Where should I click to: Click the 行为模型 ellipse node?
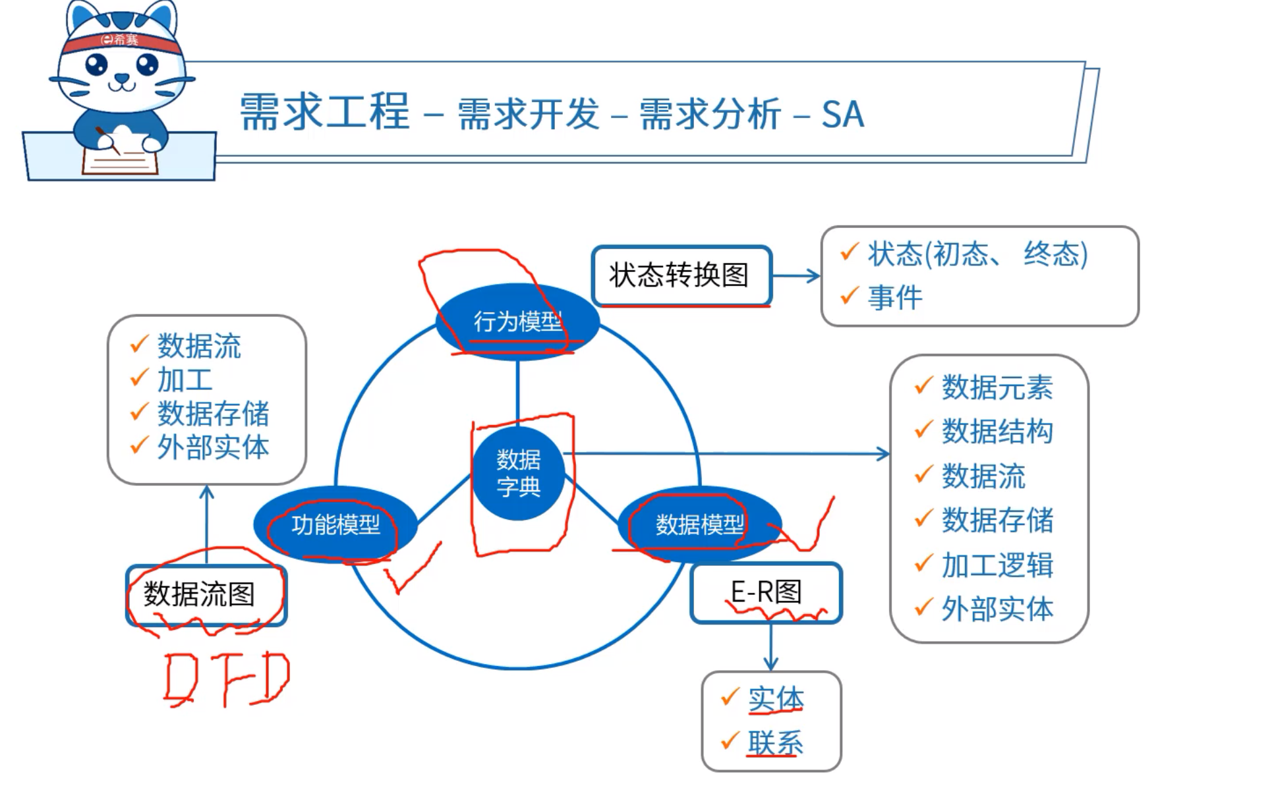point(517,322)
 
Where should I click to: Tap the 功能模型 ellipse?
point(335,524)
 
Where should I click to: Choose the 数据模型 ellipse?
point(699,524)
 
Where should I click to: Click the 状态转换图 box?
point(681,275)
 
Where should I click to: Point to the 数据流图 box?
point(206,594)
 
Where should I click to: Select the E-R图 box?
point(766,592)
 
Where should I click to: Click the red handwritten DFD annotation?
point(226,679)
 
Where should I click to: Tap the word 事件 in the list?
point(895,298)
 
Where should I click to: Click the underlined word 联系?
point(775,743)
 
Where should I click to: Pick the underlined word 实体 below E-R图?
point(775,699)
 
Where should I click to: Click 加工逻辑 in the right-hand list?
point(997,565)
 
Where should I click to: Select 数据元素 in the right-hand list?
point(997,387)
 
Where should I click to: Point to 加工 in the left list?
point(185,380)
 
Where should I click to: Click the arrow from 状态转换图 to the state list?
point(796,276)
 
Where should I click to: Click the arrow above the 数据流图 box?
point(207,524)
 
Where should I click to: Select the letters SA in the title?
point(842,114)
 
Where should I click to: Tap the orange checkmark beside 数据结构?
point(923,430)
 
